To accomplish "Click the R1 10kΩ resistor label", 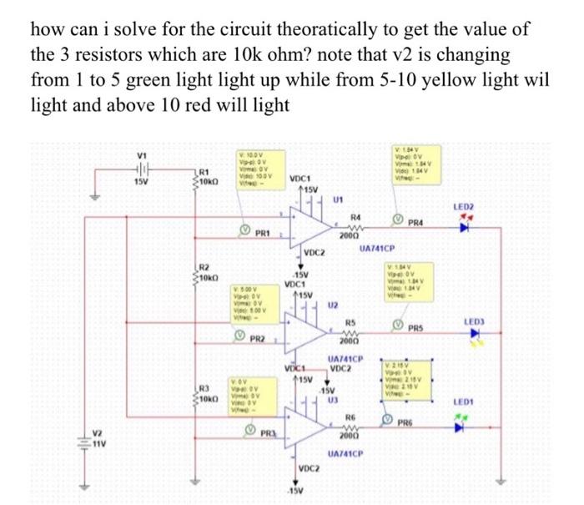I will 209,176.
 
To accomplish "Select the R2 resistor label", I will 209,270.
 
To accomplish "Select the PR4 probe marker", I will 396,220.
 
